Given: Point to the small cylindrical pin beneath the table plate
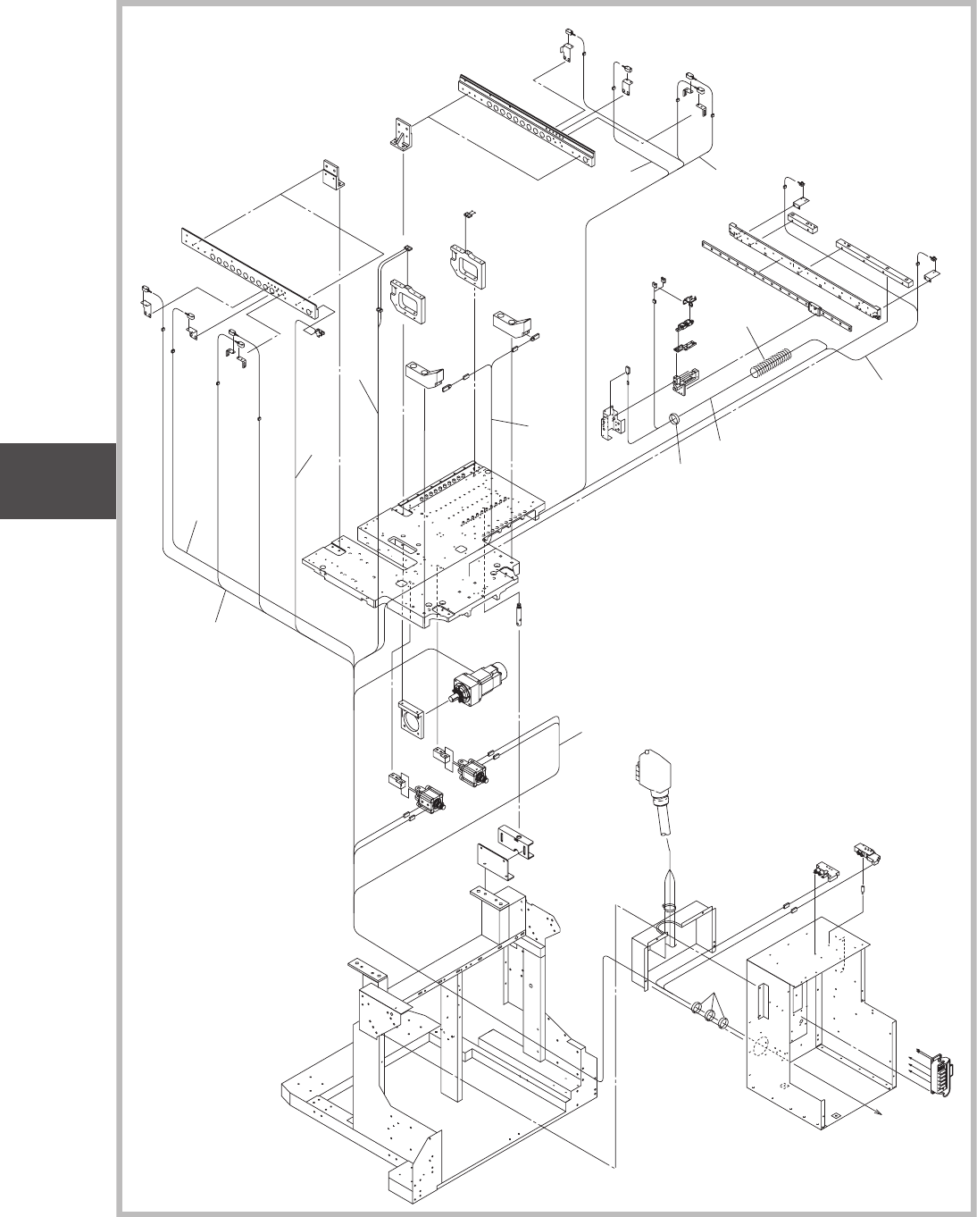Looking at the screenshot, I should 519,618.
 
